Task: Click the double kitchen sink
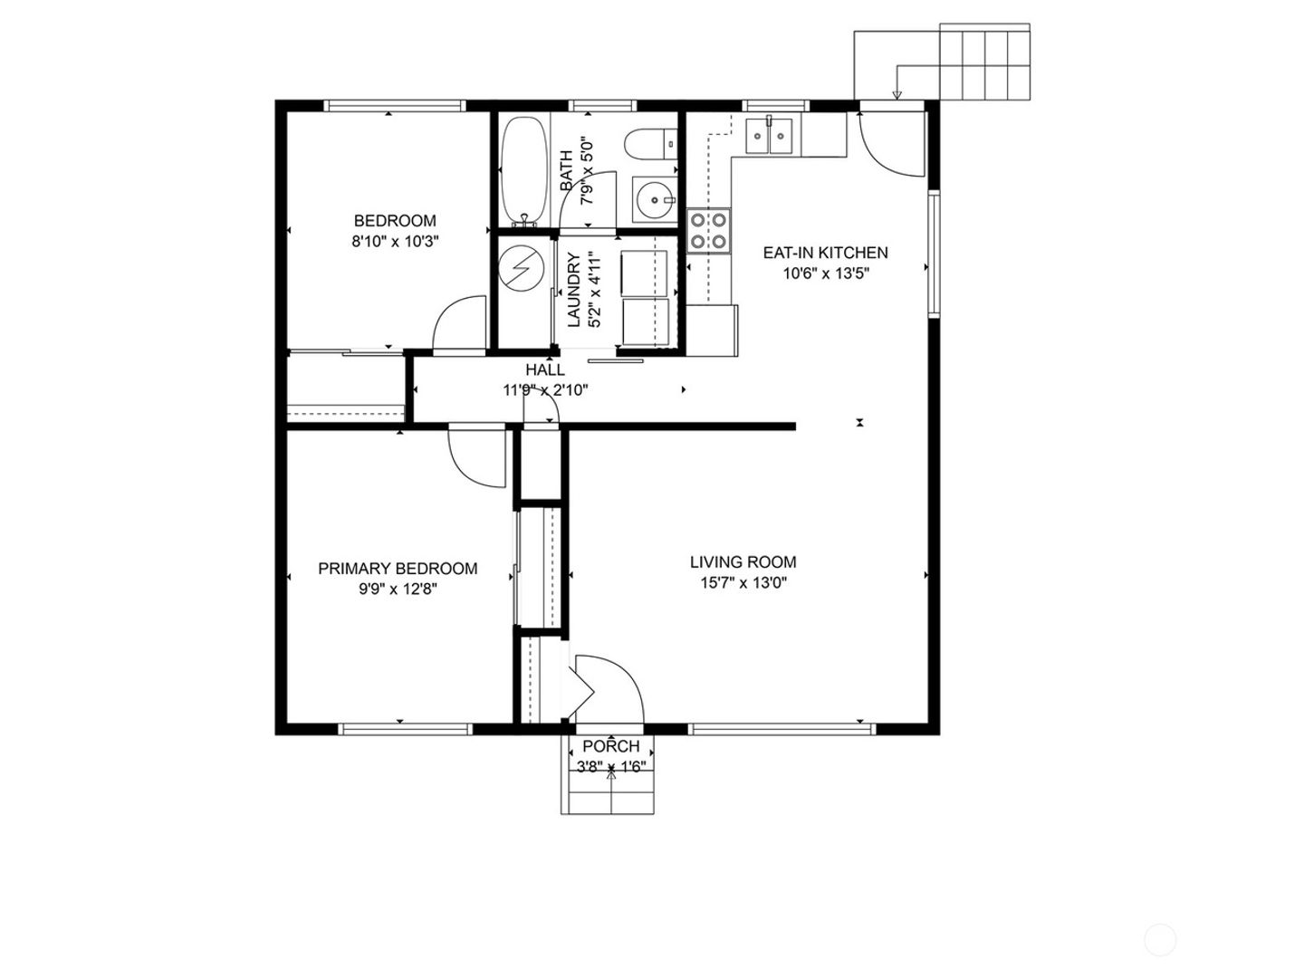(x=770, y=136)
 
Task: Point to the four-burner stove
(x=709, y=230)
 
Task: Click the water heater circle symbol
(x=521, y=268)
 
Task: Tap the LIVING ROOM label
(x=743, y=561)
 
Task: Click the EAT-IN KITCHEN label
(x=825, y=253)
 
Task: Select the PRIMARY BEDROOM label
(x=398, y=569)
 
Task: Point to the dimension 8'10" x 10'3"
(x=395, y=242)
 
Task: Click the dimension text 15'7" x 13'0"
(x=743, y=583)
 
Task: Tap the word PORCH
(x=610, y=746)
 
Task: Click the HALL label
(x=545, y=370)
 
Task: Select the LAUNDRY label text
(x=573, y=291)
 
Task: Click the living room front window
(x=781, y=729)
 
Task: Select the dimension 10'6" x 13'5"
(x=826, y=273)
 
